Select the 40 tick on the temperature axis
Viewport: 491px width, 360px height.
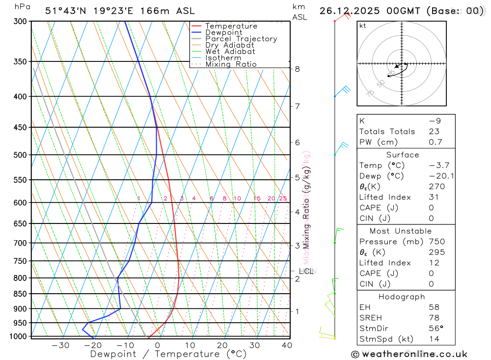pos(287,345)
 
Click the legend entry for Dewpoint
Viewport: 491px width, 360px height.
pos(224,32)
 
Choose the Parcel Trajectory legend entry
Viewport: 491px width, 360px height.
pos(241,39)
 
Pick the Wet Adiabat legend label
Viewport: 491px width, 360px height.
pos(230,52)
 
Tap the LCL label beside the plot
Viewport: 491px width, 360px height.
pos(306,271)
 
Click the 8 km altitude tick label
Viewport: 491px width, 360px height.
pos(298,69)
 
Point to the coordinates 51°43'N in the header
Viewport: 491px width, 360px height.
pos(66,11)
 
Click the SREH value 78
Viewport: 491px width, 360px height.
pos(434,318)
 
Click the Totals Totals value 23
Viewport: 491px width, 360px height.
pos(434,132)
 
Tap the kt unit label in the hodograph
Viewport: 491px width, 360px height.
pos(363,26)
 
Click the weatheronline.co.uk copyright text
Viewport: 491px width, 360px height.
pos(409,354)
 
